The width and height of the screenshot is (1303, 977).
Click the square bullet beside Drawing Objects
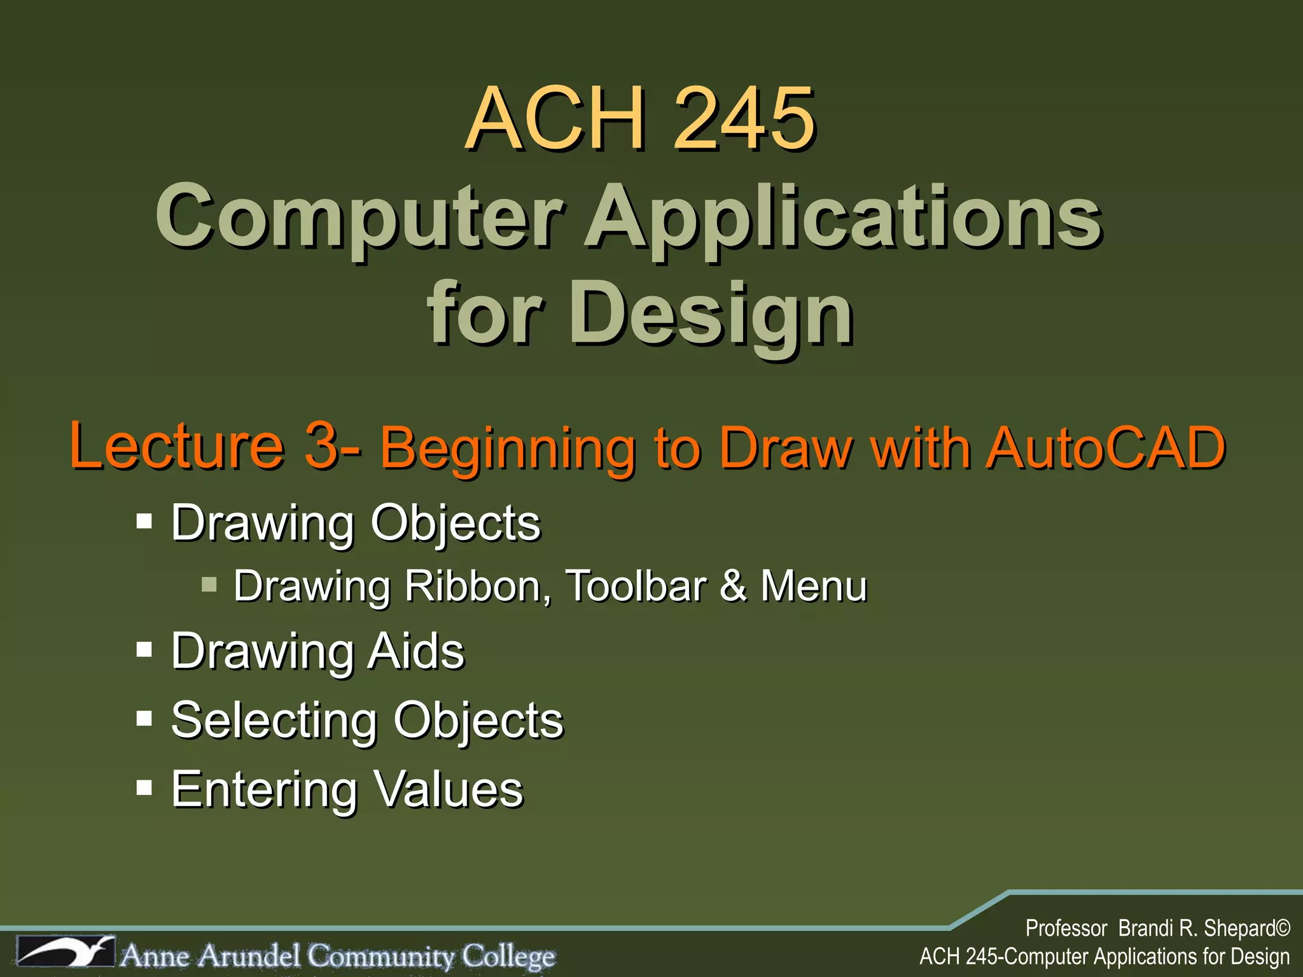[144, 522]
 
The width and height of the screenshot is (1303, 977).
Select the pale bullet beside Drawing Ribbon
[209, 584]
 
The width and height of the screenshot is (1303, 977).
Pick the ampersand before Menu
[733, 586]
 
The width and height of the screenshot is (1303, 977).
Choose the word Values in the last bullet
[448, 789]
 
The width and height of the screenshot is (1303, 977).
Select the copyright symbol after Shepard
[1283, 929]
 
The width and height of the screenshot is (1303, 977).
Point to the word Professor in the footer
[1066, 929]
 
